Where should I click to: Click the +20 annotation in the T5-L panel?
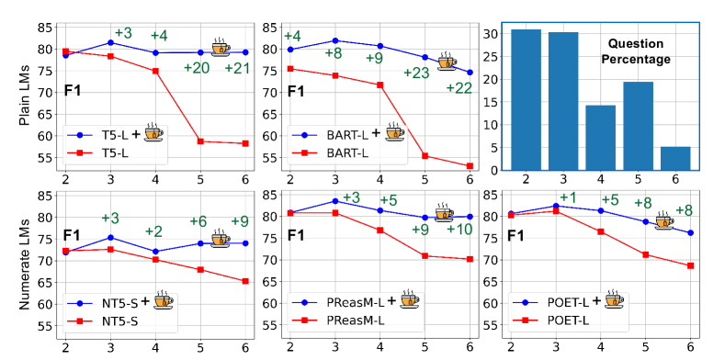[196, 68]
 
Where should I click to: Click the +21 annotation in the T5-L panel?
[238, 69]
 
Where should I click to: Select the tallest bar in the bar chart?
[526, 99]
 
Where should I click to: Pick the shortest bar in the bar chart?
[675, 157]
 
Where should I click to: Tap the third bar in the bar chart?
[600, 137]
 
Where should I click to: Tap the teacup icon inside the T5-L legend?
[153, 134]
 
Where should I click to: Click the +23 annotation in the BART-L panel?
[416, 73]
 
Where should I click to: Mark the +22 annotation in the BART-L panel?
[459, 88]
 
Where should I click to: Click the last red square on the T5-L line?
[245, 143]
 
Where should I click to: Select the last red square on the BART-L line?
[470, 166]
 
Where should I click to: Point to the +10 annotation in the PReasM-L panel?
[459, 230]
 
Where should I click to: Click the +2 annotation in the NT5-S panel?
[153, 231]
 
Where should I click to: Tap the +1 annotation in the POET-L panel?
[567, 197]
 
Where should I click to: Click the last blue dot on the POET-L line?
[690, 232]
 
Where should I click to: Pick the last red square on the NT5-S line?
[245, 281]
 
